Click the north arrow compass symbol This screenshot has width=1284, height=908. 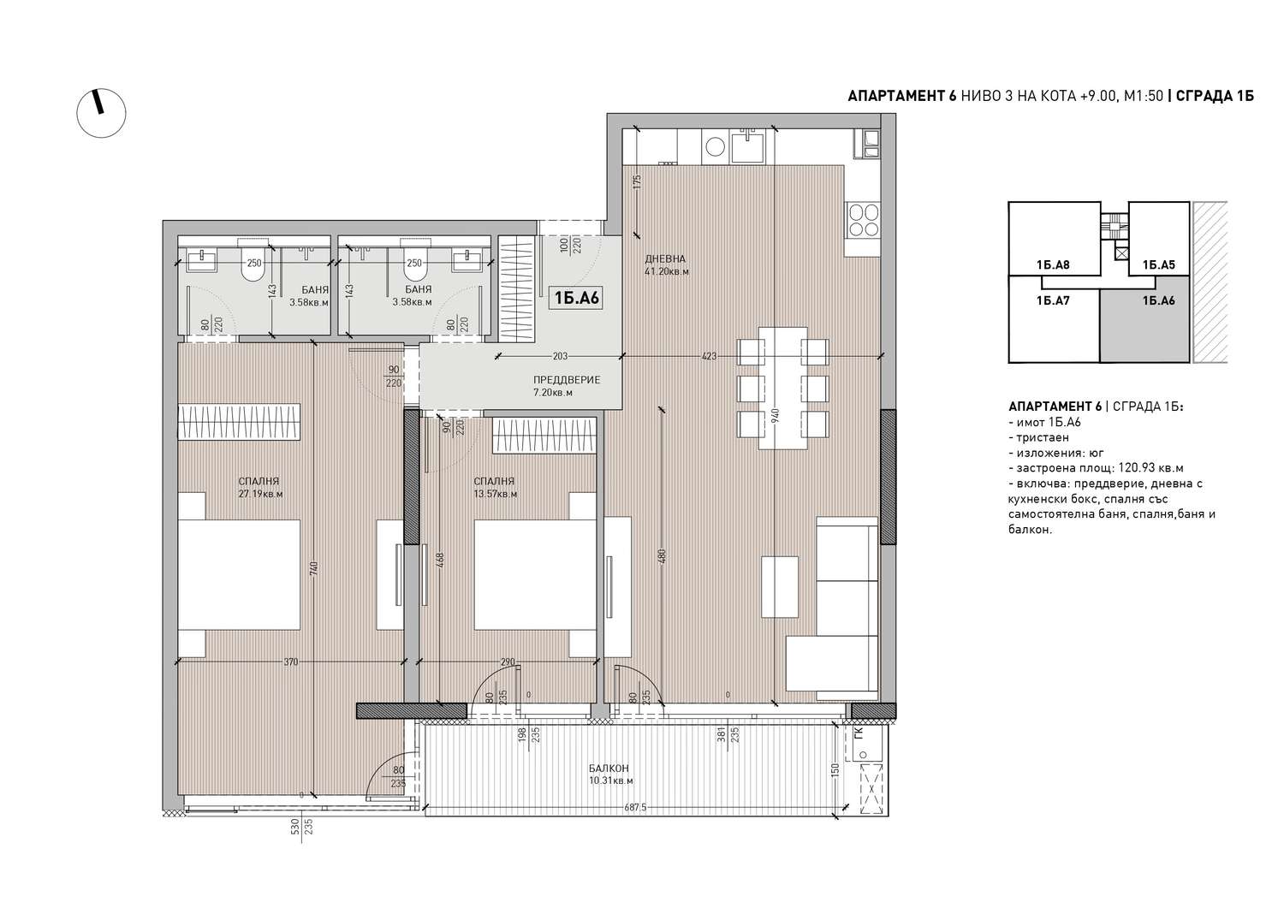click(101, 113)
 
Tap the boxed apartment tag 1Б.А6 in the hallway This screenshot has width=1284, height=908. click(576, 298)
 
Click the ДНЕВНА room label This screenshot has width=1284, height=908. click(665, 258)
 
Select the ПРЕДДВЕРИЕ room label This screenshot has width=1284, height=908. click(567, 379)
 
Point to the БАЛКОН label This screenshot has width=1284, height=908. click(609, 769)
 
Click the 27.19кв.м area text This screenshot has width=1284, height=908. click(261, 494)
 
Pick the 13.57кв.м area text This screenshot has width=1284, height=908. click(496, 494)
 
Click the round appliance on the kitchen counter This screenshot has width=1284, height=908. click(715, 146)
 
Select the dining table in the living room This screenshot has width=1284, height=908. click(783, 388)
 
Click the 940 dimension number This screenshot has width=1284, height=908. click(775, 415)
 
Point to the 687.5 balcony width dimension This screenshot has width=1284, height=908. click(635, 807)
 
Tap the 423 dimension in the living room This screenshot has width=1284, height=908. click(709, 356)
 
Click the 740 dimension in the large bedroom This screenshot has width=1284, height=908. click(313, 568)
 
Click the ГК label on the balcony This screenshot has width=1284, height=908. click(858, 733)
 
